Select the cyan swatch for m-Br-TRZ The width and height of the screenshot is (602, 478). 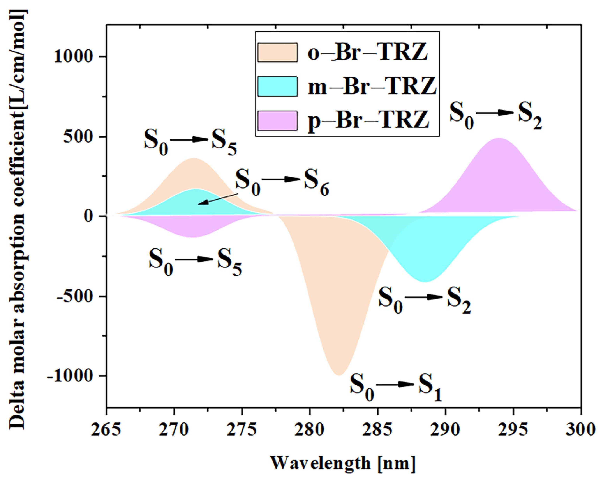pos(277,86)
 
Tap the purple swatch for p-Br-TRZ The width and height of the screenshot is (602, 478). pos(277,121)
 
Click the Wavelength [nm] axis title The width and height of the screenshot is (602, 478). pos(342,463)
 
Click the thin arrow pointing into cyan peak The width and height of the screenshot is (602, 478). pos(218,199)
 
